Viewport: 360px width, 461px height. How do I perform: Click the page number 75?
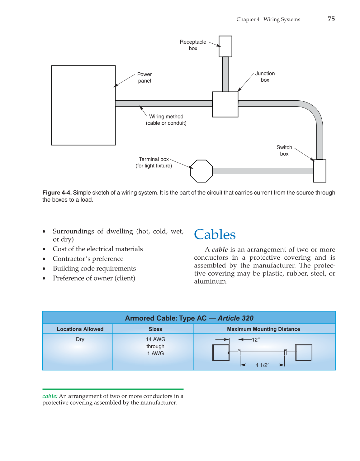(331, 19)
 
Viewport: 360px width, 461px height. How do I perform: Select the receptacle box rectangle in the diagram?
(225, 46)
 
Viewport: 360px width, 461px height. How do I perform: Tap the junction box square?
(225, 104)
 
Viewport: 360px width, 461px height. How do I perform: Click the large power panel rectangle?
(83, 105)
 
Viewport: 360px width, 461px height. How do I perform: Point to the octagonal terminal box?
(201, 171)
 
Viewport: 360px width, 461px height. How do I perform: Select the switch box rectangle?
(320, 171)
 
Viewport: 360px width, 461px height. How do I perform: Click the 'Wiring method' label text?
(166, 117)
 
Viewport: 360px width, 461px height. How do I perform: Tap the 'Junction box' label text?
(265, 77)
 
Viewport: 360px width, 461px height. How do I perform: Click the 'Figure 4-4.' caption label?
(57, 193)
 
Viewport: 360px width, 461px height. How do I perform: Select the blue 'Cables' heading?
(215, 235)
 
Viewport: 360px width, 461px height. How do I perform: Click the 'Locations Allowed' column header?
(80, 329)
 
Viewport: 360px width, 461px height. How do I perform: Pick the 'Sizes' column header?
(155, 329)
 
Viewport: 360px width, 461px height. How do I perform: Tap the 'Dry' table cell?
(80, 339)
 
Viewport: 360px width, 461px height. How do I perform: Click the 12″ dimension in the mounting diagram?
(256, 340)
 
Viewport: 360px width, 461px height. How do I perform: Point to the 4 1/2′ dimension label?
(262, 365)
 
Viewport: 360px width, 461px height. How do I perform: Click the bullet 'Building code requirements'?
(94, 268)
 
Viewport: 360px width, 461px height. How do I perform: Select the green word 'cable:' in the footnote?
(50, 396)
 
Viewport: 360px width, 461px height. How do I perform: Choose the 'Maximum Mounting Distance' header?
(263, 329)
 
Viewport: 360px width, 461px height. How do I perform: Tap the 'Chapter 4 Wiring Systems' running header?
(268, 19)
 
